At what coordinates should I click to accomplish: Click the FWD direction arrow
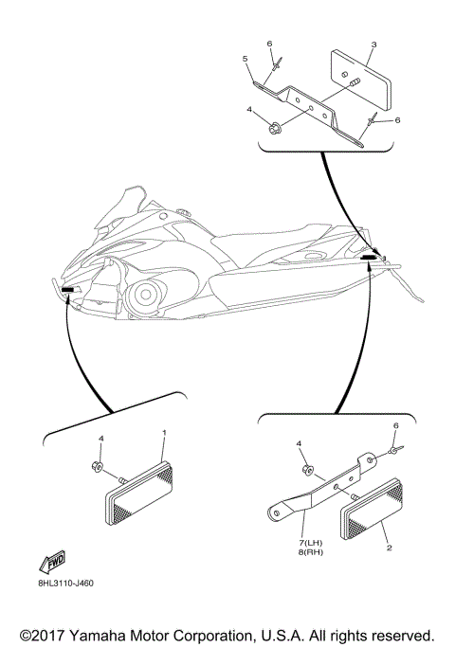[52, 562]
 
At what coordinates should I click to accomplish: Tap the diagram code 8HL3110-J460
[65, 584]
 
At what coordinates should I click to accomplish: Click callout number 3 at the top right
[373, 45]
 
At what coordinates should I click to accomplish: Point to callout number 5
[246, 59]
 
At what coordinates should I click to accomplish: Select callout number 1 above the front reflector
[164, 432]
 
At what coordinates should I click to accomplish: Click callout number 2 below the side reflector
[389, 548]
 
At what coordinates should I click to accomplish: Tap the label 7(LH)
[311, 543]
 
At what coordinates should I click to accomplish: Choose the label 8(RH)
[311, 552]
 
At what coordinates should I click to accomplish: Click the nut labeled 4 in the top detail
[273, 128]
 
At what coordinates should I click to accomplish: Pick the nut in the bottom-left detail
[97, 467]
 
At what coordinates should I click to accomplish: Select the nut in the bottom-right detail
[308, 470]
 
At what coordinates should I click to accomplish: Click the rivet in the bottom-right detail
[396, 449]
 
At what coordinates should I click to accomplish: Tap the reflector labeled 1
[139, 493]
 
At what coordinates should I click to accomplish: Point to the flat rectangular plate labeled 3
[361, 81]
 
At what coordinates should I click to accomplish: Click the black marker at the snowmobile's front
[67, 290]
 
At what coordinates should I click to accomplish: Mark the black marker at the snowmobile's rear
[368, 257]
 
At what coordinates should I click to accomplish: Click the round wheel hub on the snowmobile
[145, 295]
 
